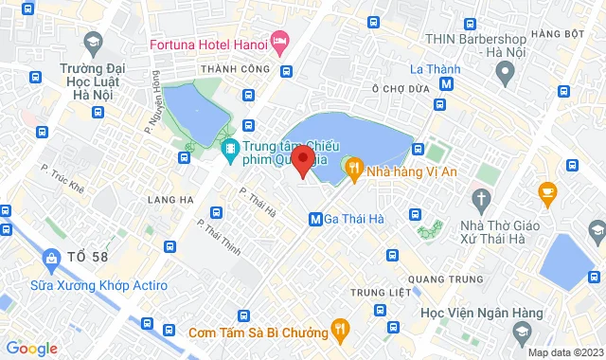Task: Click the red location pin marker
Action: click(x=303, y=160)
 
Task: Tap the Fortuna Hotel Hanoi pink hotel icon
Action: click(x=279, y=42)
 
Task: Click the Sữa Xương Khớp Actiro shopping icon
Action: click(x=50, y=258)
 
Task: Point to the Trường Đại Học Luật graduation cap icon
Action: click(x=93, y=42)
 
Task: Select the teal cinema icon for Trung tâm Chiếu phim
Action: click(x=229, y=150)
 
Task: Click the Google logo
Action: click(x=30, y=349)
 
